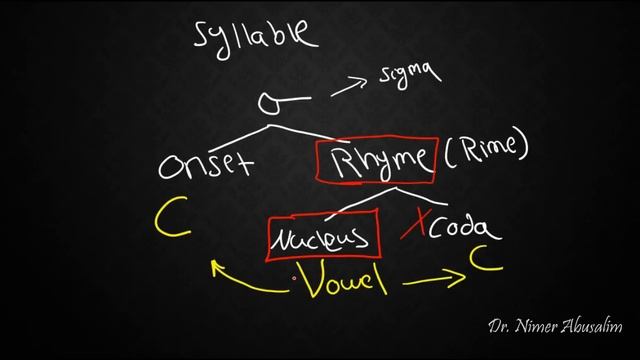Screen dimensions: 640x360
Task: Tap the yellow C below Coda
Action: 485,263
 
